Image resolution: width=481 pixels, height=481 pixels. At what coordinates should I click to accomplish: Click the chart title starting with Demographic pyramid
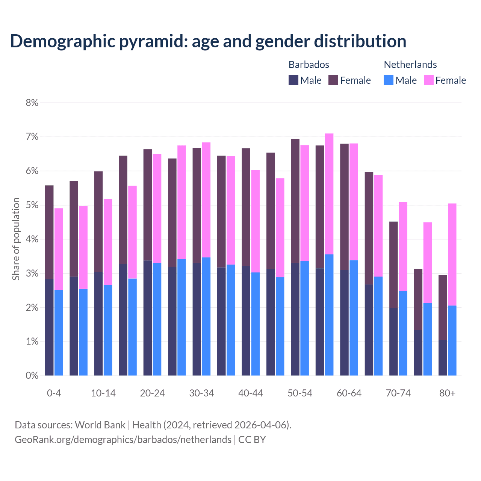pyautogui.click(x=208, y=41)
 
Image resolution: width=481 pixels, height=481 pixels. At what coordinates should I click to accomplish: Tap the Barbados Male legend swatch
pyautogui.click(x=293, y=80)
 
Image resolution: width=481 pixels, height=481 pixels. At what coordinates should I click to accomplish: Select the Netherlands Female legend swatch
pyautogui.click(x=428, y=80)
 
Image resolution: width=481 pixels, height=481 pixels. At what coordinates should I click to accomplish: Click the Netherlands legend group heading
pyautogui.click(x=410, y=65)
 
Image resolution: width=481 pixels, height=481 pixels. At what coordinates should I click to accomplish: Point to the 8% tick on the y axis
pyautogui.click(x=32, y=103)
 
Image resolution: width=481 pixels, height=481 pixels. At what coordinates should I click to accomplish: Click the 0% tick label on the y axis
pyautogui.click(x=32, y=375)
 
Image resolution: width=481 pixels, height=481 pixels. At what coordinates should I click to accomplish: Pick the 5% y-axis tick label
pyautogui.click(x=32, y=205)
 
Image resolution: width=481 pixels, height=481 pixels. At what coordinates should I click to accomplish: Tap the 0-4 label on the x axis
pyautogui.click(x=54, y=393)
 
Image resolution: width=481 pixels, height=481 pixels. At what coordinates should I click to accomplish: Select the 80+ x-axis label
pyautogui.click(x=447, y=393)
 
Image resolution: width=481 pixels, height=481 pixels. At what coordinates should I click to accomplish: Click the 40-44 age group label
pyautogui.click(x=251, y=393)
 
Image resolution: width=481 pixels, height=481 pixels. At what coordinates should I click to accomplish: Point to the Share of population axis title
pyautogui.click(x=16, y=239)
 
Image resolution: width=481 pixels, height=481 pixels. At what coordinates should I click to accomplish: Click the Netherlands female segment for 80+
pyautogui.click(x=452, y=254)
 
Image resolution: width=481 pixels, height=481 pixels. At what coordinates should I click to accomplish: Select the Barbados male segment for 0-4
pyautogui.click(x=49, y=327)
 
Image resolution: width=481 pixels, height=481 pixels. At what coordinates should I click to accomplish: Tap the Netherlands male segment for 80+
pyautogui.click(x=452, y=340)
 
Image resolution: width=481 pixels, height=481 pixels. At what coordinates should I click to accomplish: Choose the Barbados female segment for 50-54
pyautogui.click(x=295, y=201)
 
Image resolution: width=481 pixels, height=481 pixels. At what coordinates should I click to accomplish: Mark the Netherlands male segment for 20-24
pyautogui.click(x=157, y=319)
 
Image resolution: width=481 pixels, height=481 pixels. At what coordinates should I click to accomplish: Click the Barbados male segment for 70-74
pyautogui.click(x=393, y=342)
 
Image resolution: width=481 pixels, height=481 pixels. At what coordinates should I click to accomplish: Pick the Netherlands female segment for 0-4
pyautogui.click(x=59, y=249)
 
